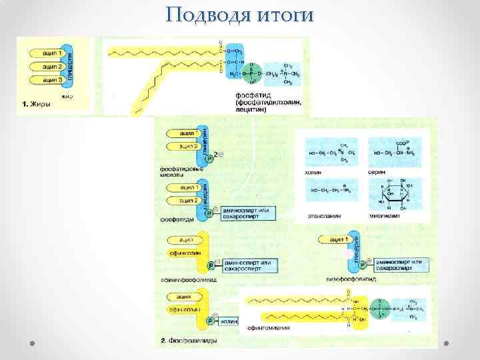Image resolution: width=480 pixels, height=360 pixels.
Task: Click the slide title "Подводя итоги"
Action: (240, 14)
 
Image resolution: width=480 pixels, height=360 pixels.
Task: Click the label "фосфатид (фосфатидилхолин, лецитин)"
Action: (267, 102)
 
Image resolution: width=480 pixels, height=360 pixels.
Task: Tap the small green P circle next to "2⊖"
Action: (209, 159)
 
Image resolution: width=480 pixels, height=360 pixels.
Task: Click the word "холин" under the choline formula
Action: (313, 172)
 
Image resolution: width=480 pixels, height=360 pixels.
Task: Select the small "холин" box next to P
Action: (229, 321)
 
